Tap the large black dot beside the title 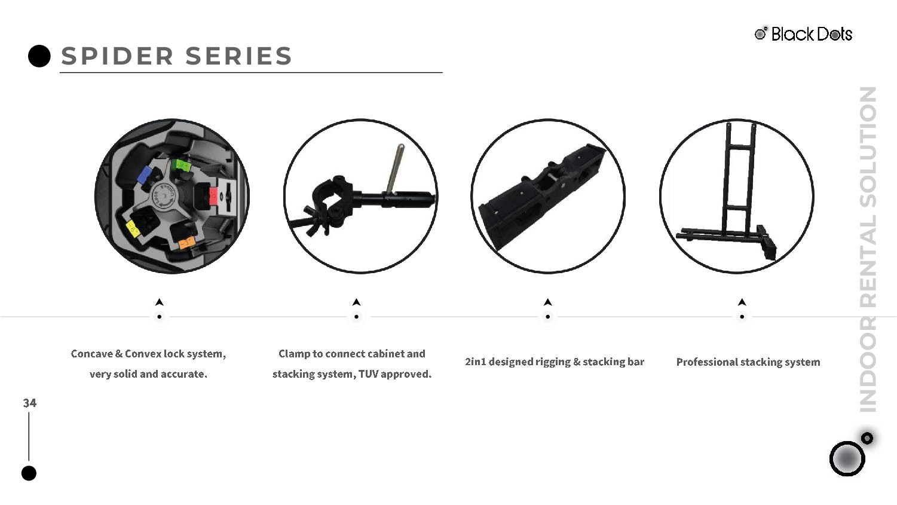pyautogui.click(x=39, y=56)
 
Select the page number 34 pyautogui.click(x=30, y=403)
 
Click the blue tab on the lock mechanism pyautogui.click(x=144, y=175)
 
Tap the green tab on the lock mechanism pyautogui.click(x=181, y=165)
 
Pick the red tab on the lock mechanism pyautogui.click(x=213, y=196)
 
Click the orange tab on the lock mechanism pyautogui.click(x=186, y=242)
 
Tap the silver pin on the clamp pyautogui.click(x=395, y=168)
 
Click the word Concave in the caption pyautogui.click(x=91, y=354)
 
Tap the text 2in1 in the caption pyautogui.click(x=475, y=362)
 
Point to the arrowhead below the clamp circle pyautogui.click(x=356, y=302)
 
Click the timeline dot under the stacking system pyautogui.click(x=742, y=317)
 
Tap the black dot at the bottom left pyautogui.click(x=29, y=473)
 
